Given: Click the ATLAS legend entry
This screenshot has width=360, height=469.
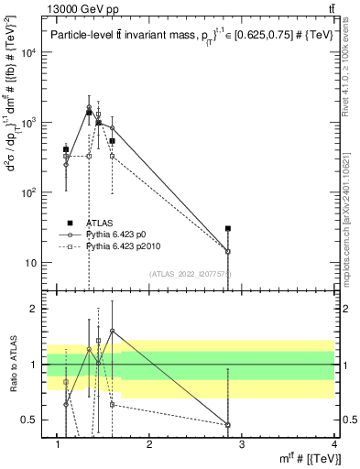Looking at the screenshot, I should click(x=101, y=223).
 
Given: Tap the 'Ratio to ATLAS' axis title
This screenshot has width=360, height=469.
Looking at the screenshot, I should click(x=11, y=365).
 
